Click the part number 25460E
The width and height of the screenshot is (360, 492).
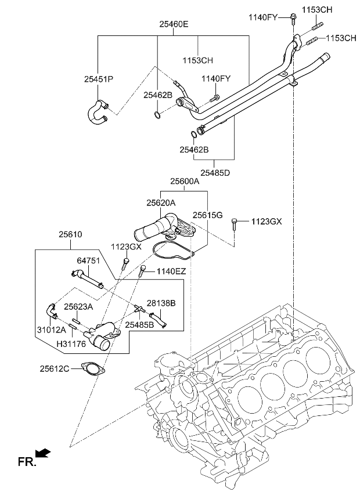coord(174,24)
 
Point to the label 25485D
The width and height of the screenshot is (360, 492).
coord(215,172)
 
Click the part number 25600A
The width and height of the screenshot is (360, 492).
coord(185,181)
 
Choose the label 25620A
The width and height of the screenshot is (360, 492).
coord(161,203)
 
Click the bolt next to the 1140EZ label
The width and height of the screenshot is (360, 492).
coord(142,270)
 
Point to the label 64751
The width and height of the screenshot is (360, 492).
coord(88,260)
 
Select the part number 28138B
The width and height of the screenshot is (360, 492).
coord(161,303)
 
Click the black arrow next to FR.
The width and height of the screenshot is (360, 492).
coord(42,453)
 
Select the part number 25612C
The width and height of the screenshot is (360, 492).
coord(55,368)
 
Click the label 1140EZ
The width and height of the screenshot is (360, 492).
coord(170,271)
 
